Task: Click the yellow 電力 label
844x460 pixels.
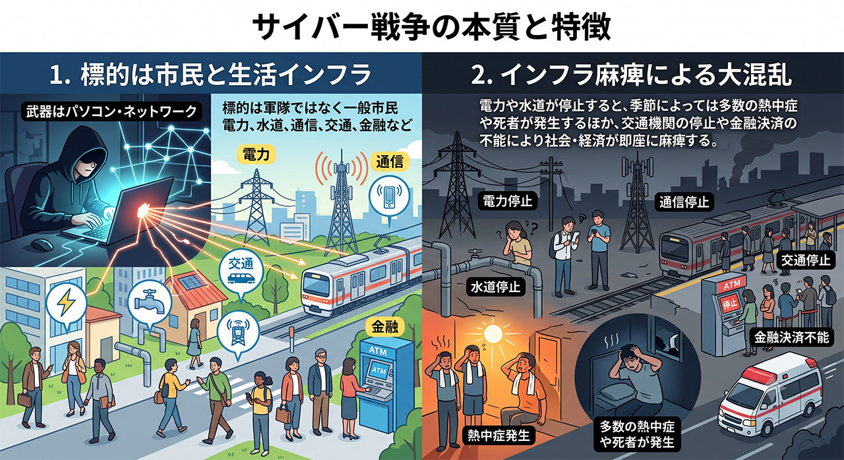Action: pos(256,154)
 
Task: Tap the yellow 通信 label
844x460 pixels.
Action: pos(390,162)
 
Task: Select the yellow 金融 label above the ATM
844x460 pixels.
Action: pos(385,327)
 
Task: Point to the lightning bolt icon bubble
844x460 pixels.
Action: pos(67,304)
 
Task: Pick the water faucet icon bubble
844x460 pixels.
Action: pos(150,303)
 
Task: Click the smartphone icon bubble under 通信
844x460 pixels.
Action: pos(389,198)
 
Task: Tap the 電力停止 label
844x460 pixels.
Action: pos(508,202)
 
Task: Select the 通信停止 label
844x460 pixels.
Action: pos(684,202)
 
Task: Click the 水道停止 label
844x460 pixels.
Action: pos(495,287)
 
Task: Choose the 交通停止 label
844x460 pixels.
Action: pos(805,260)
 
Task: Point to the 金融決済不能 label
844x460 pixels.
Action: pos(791,337)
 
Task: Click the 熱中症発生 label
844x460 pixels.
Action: pos(498,435)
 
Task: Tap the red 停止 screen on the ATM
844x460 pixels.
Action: pos(729,303)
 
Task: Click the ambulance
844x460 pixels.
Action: pos(771,398)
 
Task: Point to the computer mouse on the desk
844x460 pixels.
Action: pos(42,245)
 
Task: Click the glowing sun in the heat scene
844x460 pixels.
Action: pos(494,333)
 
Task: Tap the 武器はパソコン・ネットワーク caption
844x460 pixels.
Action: pos(111,112)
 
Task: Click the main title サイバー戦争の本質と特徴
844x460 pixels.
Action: pos(431,27)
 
